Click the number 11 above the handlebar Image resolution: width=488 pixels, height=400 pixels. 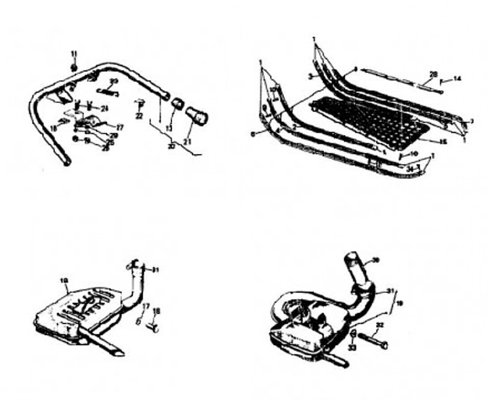[x=75, y=54]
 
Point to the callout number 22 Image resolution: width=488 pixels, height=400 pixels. [x=138, y=117]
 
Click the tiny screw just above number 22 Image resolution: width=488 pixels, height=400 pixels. [x=140, y=102]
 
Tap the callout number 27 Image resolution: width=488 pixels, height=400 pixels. [x=119, y=127]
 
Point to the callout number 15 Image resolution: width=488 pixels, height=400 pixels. [x=444, y=142]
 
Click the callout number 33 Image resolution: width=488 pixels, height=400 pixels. [x=352, y=348]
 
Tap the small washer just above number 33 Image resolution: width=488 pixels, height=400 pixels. [x=354, y=335]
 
